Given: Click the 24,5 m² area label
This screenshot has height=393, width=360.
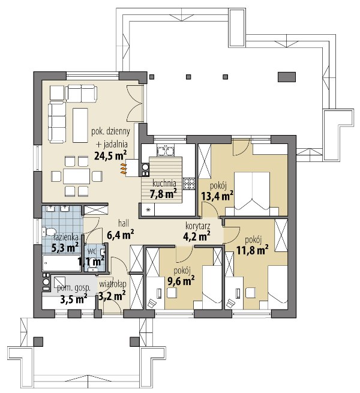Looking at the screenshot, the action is tap(110, 155).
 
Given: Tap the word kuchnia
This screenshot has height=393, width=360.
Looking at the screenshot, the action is tap(164, 183).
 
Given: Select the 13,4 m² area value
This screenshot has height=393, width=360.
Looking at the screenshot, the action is tap(217, 196).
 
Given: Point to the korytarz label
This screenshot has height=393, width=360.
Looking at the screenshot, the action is tap(198, 226).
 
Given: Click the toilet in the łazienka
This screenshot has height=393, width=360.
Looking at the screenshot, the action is tap(49, 232).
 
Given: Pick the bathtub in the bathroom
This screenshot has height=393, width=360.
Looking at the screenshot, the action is tap(62, 263).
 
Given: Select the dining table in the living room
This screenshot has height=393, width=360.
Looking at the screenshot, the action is tap(76, 176).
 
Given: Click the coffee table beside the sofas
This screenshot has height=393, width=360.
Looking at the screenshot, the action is tap(80, 125).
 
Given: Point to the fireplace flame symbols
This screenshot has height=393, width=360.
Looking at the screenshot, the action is tap(123, 169).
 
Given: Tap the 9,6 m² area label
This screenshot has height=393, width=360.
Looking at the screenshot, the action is tap(181, 281).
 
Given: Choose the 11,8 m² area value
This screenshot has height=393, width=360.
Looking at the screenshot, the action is tap(253, 250).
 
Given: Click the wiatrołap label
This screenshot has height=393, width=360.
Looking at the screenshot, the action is tap(113, 284).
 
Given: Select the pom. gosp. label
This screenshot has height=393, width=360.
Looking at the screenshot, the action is tap(73, 288).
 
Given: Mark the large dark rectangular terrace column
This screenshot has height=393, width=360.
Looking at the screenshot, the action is tap(287, 77).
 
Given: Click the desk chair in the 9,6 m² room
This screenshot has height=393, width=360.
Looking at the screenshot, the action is tap(172, 292).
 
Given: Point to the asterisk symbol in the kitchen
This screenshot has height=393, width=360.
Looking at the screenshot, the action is tap(148, 209).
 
